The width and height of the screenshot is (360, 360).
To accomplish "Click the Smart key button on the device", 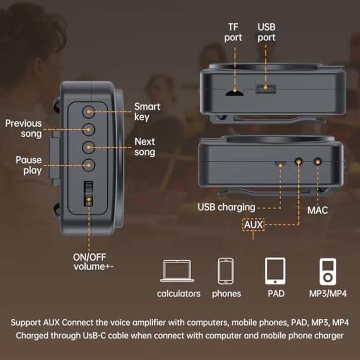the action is point(89,112).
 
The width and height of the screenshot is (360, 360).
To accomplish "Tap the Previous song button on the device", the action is point(89,130).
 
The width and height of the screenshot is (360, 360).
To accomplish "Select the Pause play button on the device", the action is point(89,165).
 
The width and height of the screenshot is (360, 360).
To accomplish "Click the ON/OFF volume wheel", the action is point(89,193).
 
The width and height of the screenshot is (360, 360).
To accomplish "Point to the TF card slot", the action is point(234,93).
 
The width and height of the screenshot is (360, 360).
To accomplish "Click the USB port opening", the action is point(266,89).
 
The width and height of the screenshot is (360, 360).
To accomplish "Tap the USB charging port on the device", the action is point(280,164).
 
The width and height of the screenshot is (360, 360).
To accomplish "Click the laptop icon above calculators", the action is point(177,271).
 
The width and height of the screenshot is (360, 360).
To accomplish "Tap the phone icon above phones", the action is point(226,271).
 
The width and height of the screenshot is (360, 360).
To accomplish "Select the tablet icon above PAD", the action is point(275,271).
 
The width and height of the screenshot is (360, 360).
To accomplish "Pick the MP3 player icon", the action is point(328,271).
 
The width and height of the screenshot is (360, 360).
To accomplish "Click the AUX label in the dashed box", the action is point(253,225).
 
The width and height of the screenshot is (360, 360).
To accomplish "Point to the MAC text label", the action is point(318,210).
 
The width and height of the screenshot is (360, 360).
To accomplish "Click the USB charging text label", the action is point(226,207).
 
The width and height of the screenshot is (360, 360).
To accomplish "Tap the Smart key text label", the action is point(147,112).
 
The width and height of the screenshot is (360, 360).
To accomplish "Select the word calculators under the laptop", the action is point(179,294).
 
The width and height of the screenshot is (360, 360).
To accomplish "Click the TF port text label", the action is point(233,32).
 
